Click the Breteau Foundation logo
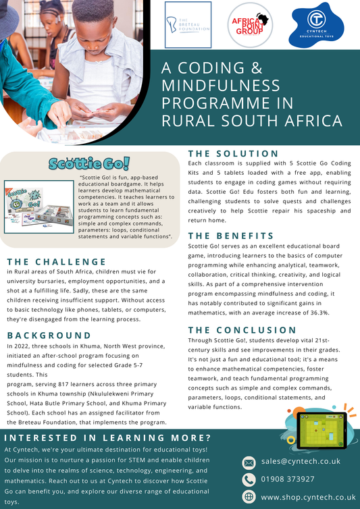188,25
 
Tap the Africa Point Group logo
249,25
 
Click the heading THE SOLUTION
232,153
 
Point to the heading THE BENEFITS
231,236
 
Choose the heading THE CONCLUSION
242,330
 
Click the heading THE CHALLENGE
57,261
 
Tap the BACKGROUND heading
49,335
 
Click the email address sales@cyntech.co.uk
300,462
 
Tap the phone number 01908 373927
288,479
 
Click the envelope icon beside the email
249,462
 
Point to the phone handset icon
249,479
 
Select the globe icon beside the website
249,497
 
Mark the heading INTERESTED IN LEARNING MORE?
107,437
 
